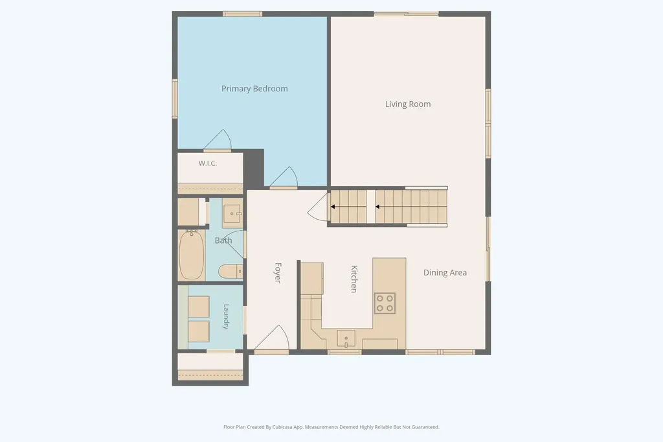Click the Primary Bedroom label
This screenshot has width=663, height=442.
coord(254,89)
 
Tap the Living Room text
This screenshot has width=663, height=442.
coord(408,104)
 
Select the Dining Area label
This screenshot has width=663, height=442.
coord(445,273)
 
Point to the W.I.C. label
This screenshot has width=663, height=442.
coord(208,163)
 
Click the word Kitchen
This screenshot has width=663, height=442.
coord(354,279)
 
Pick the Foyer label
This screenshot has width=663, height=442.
coord(278,273)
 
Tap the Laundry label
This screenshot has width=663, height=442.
coord(226,316)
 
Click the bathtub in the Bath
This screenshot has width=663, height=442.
coord(192,255)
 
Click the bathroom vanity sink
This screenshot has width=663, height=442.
coord(232,213)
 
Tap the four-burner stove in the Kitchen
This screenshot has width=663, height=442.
coord(385,303)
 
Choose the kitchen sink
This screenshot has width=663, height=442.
coord(346,339)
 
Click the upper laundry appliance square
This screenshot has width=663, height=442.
coord(198,307)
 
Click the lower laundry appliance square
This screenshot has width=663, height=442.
coord(198,331)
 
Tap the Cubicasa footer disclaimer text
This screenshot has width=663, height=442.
coord(331,427)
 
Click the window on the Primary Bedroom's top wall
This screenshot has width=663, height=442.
coord(242,14)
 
